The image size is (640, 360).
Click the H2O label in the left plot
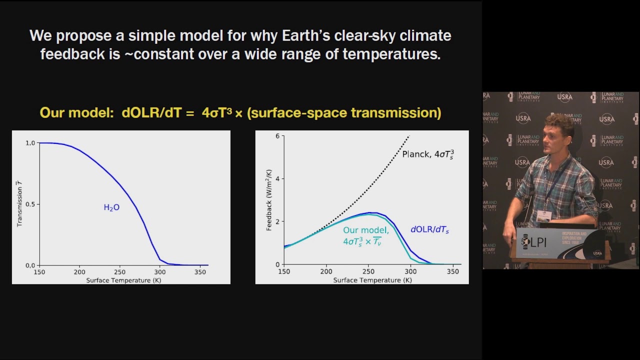pyautogui.click(x=111, y=207)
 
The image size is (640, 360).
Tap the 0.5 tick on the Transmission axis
pyautogui.click(x=30, y=204)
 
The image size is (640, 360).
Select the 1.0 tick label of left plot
pyautogui.click(x=30, y=143)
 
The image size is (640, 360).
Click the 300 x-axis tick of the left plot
pyautogui.click(x=159, y=272)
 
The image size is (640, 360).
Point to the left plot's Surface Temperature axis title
pyautogui.click(x=123, y=280)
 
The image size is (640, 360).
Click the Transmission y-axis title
pyautogui.click(x=19, y=204)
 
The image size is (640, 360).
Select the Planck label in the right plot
pyautogui.click(x=428, y=154)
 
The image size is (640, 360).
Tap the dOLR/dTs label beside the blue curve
pyautogui.click(x=429, y=230)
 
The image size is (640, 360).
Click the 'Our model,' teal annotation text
pyautogui.click(x=365, y=230)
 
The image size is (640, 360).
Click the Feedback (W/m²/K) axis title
pyautogui.click(x=269, y=200)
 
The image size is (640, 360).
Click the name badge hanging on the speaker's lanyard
pyautogui.click(x=543, y=215)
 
